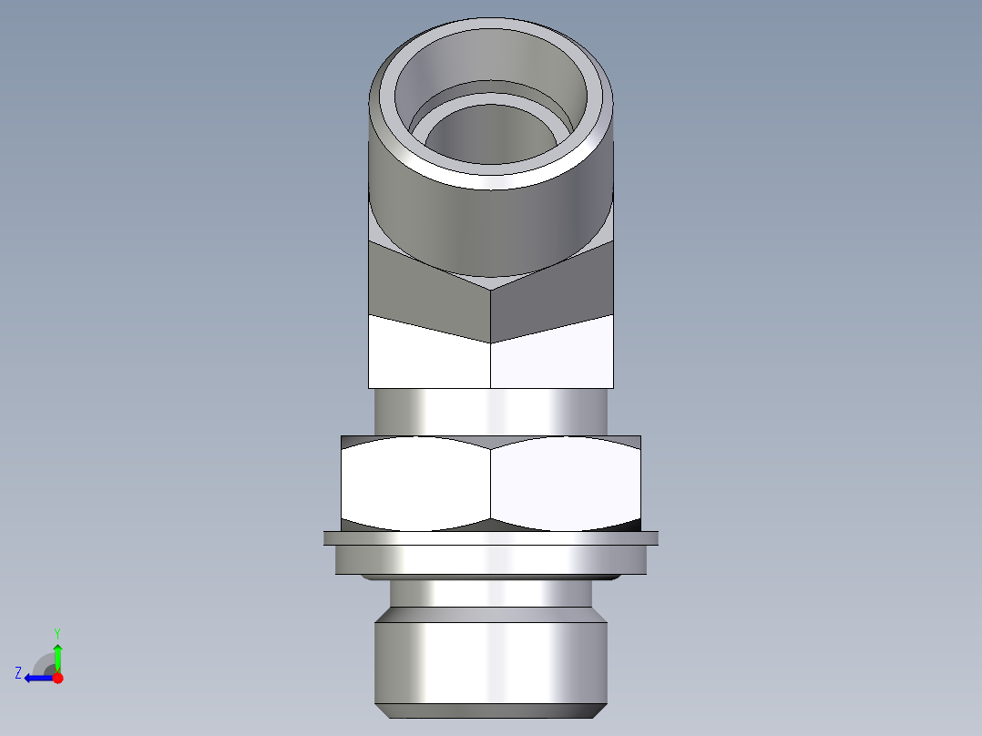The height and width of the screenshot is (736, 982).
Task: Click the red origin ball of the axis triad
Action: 57,678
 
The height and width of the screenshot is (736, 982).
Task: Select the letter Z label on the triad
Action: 18,673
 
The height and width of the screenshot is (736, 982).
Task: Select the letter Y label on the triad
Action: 56,632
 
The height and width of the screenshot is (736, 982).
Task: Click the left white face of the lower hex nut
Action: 414,483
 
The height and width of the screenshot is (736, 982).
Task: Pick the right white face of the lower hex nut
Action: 565,483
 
